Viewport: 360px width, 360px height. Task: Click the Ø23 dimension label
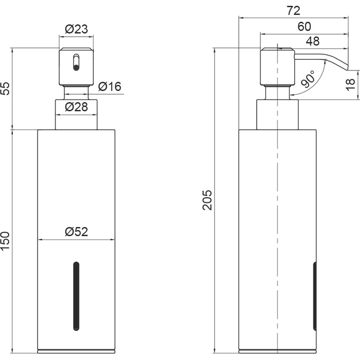click(76, 29)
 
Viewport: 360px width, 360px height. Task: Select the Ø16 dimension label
click(110, 87)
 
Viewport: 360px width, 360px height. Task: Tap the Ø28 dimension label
click(76, 107)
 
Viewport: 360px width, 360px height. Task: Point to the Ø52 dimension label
click(76, 231)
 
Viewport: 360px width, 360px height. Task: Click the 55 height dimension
click(6, 88)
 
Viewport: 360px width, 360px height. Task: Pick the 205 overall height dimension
click(208, 200)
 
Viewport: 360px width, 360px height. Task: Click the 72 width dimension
click(294, 10)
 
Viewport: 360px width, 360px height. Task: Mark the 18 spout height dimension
click(350, 84)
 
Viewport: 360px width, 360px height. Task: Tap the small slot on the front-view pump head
click(76, 61)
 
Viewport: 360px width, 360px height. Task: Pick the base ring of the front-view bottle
click(76, 350)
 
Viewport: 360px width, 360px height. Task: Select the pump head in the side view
click(276, 67)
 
